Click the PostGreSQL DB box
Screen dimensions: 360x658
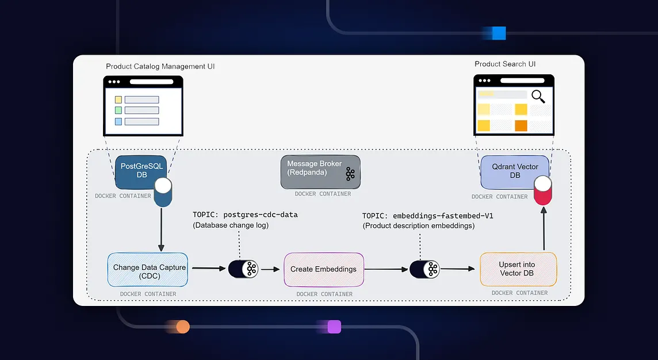pos(141,171)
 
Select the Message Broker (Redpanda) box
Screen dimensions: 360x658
pos(320,171)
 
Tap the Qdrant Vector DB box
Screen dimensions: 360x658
pos(515,171)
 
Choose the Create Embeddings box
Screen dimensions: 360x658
pos(323,269)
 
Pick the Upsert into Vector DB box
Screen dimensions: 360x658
pos(518,269)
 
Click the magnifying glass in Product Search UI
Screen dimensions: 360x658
pos(538,97)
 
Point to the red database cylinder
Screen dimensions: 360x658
pos(542,192)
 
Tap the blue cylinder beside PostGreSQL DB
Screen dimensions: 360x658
pos(163,193)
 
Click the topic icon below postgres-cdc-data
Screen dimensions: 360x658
pos(243,269)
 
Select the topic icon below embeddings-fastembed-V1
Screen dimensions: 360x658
pos(424,269)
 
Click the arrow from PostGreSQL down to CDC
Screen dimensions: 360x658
pos(162,230)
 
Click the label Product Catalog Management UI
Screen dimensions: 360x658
pos(160,67)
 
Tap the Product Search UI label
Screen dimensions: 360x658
pos(505,64)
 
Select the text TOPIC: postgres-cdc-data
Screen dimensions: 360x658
pos(245,215)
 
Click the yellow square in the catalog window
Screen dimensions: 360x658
pos(118,99)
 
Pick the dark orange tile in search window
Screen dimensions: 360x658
pos(521,125)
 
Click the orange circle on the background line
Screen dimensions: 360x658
pos(182,327)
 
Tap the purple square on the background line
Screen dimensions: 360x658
pos(334,327)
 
